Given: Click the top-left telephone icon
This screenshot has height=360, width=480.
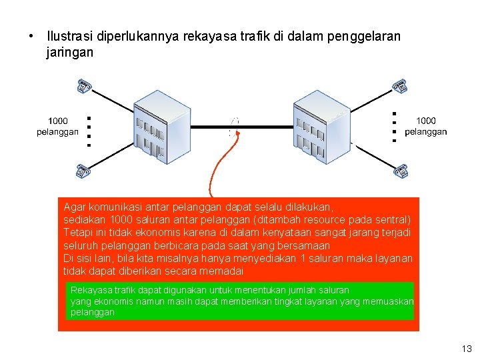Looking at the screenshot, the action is pyautogui.click(x=84, y=87).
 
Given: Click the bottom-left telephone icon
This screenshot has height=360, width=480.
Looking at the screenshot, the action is pyautogui.click(x=83, y=171).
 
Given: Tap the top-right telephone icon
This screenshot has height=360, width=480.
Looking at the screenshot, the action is pyautogui.click(x=399, y=87).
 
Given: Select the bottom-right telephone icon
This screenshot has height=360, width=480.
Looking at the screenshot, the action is pyautogui.click(x=401, y=171).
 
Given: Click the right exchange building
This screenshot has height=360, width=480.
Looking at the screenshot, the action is pyautogui.click(x=321, y=126).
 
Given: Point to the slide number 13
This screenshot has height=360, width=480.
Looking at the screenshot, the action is pyautogui.click(x=466, y=349).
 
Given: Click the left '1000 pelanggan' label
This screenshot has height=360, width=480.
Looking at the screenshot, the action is pyautogui.click(x=57, y=126).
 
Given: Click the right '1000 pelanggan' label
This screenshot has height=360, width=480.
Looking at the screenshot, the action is pyautogui.click(x=425, y=126).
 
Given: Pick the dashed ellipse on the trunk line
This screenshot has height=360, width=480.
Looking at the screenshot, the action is pyautogui.click(x=233, y=127).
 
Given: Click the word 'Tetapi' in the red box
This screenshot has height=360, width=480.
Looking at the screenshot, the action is pyautogui.click(x=77, y=233).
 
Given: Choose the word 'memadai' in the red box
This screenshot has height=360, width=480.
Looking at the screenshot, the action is pyautogui.click(x=224, y=271).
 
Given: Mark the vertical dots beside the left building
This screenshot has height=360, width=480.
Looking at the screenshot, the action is pyautogui.click(x=89, y=131).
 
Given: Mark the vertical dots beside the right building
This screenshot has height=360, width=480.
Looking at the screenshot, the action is pyautogui.click(x=395, y=127).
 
